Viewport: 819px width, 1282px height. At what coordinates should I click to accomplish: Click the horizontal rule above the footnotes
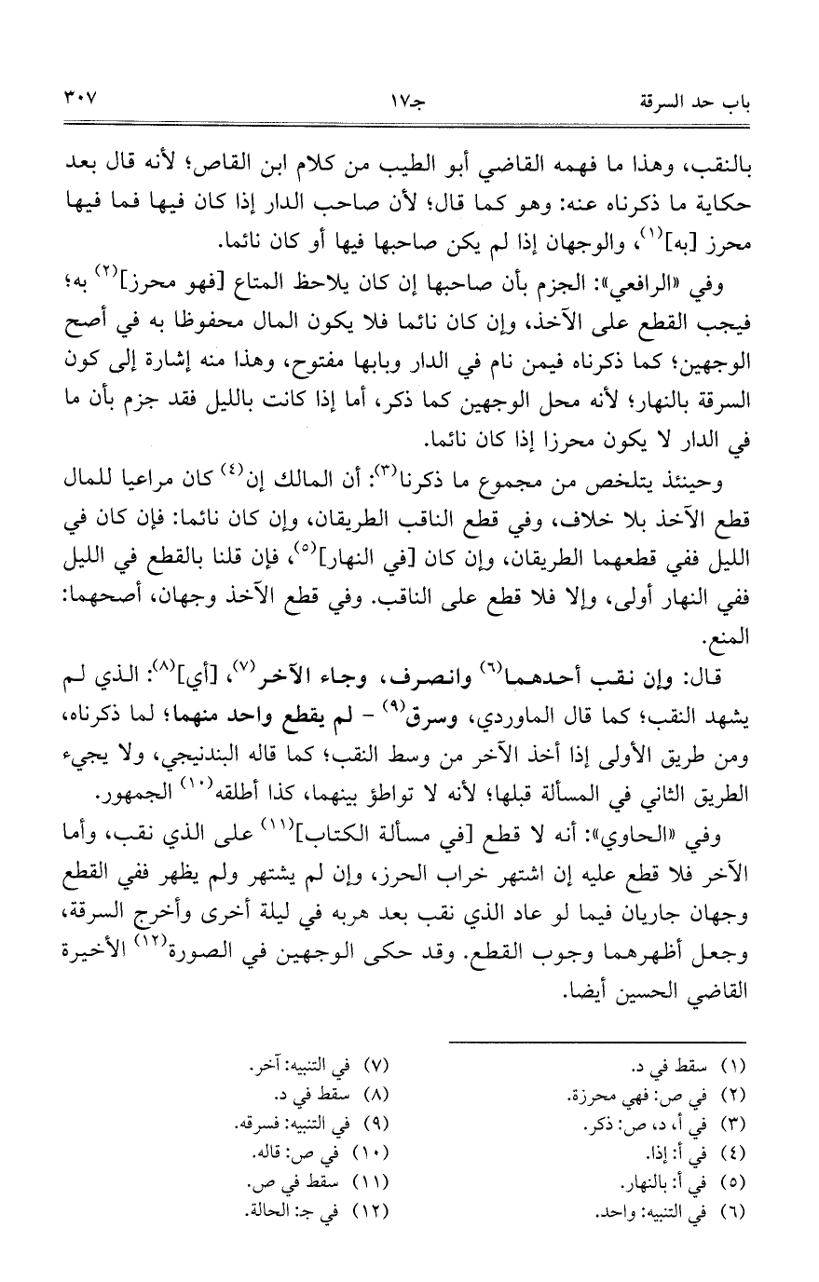point(596,1041)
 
